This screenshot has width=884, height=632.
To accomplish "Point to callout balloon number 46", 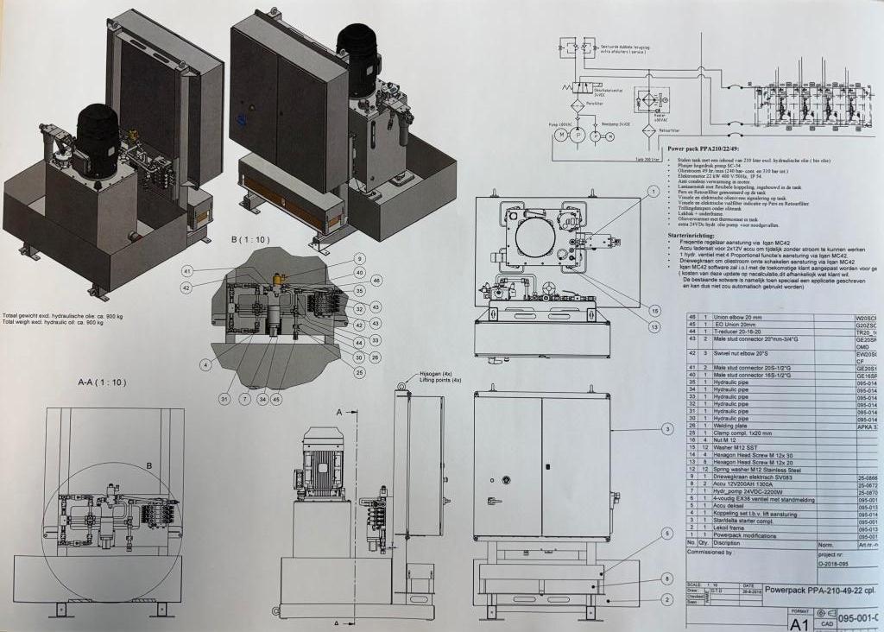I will click(x=376, y=281).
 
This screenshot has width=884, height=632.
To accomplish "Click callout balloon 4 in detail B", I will click(x=205, y=365).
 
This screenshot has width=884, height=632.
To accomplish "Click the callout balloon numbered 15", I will click(x=654, y=311).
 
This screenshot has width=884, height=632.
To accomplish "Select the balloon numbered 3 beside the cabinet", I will click(x=666, y=428).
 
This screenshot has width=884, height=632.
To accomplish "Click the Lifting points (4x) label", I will click(x=441, y=380).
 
